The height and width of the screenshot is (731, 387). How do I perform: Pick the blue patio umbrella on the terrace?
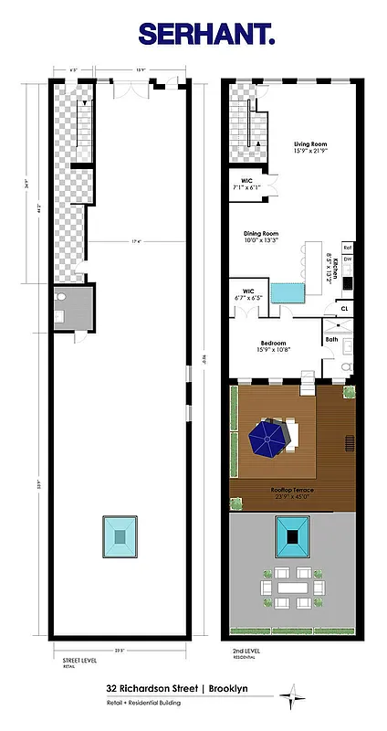[x=270, y=440]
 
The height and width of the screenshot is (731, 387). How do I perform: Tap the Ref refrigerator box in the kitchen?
[x=348, y=247]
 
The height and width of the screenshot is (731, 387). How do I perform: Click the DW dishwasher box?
[x=348, y=260]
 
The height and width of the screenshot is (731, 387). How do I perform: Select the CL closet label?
[x=344, y=309]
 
